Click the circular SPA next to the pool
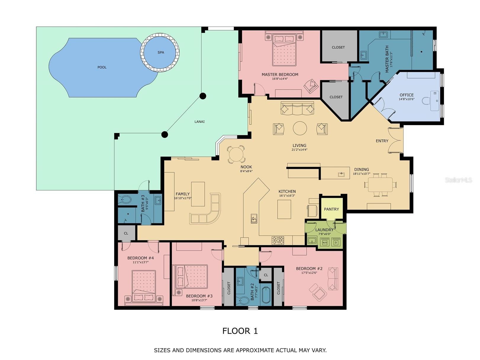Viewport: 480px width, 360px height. (160, 52)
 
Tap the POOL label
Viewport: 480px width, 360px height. (102, 67)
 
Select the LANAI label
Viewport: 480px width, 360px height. (199, 122)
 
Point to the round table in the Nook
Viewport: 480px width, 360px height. (236, 154)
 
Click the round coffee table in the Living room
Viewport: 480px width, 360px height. (300, 128)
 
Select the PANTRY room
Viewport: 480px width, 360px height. (331, 209)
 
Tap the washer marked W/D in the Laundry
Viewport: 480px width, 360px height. (325, 242)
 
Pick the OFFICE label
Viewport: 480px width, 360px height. (407, 95)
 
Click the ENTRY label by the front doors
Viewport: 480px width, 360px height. (382, 141)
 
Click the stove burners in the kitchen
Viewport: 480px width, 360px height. (278, 240)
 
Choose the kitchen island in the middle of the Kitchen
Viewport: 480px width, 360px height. (284, 209)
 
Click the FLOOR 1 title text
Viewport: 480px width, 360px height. (240, 331)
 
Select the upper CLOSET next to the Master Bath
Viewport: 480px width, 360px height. (338, 47)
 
